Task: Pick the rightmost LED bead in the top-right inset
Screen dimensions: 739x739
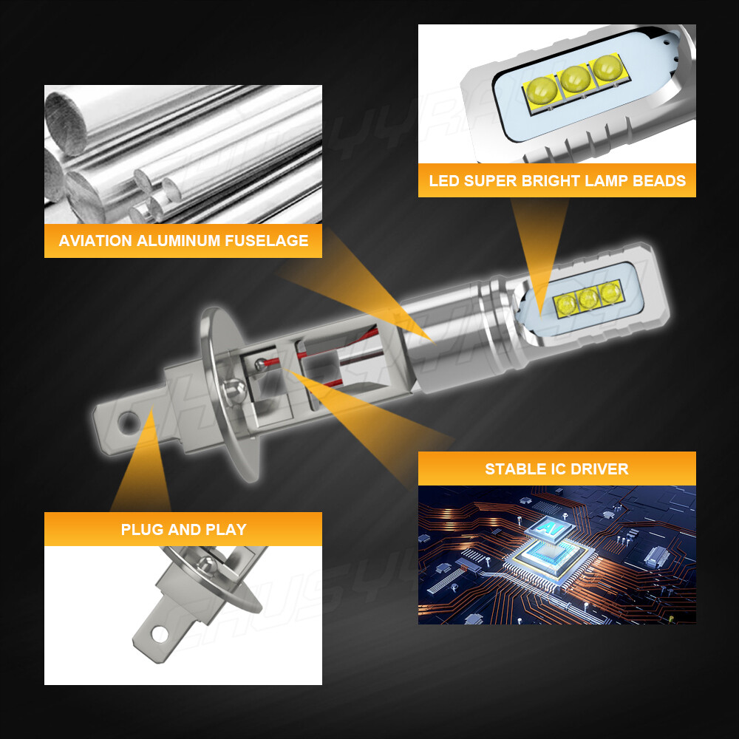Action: point(607,68)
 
